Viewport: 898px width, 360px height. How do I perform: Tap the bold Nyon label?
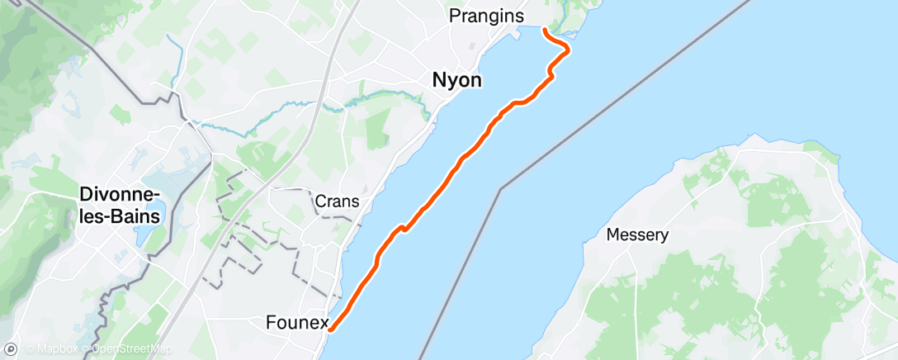click(x=456, y=80)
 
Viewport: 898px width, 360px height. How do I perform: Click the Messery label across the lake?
click(x=637, y=234)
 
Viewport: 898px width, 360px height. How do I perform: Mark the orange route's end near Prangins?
click(x=545, y=31)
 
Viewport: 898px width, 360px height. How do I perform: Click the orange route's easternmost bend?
click(x=568, y=51)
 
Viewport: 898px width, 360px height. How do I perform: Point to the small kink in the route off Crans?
click(x=401, y=228)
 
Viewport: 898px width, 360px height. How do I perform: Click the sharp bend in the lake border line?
click(x=500, y=189)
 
